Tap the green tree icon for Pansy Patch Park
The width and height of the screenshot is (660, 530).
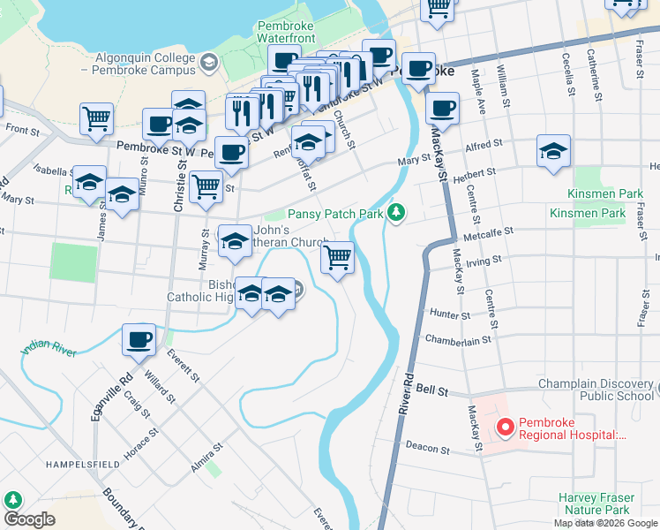coord(397,213)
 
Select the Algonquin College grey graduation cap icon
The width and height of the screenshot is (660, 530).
coord(208,62)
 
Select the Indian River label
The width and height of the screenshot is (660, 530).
coord(49,343)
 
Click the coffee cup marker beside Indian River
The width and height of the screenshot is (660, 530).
coord(139,339)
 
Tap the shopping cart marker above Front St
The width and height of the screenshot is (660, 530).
coord(96,118)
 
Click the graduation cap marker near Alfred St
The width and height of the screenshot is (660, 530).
coord(552,151)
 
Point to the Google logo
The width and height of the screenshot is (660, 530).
coord(29,520)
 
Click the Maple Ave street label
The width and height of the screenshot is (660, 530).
coord(478,93)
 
